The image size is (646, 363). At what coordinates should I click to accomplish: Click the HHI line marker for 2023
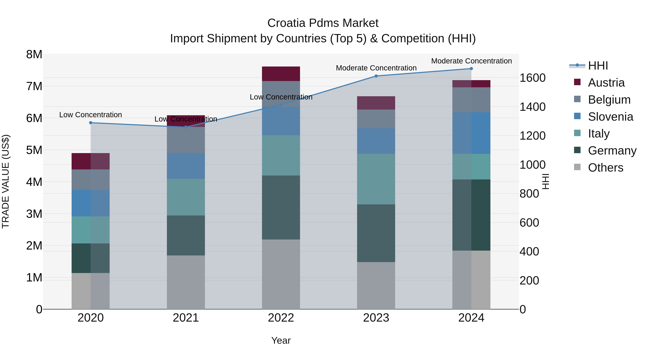coord(376,76)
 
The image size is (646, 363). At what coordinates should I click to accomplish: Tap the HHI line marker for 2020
coord(91,123)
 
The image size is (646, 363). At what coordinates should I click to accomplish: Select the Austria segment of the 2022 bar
coord(281,74)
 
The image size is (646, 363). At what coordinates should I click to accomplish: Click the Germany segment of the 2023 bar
coord(376,233)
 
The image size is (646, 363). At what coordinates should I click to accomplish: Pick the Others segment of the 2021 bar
coord(186,282)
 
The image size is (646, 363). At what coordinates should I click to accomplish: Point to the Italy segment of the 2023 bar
coord(376,179)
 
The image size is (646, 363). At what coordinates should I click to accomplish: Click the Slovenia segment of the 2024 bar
coord(471,133)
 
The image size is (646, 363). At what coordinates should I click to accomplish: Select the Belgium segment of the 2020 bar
coord(91,179)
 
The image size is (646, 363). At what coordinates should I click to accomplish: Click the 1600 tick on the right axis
coord(532,78)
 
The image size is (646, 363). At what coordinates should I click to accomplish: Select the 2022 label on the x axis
coord(281,318)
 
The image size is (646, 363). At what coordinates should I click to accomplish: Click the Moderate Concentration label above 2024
coord(471,61)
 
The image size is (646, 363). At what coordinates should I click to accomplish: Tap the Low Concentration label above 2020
coord(91,115)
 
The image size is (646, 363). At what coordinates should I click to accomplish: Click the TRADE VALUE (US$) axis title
coord(6,181)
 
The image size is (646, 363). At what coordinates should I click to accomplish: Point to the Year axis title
coord(281,340)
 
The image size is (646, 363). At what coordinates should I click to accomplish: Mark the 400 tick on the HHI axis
coord(529,252)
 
